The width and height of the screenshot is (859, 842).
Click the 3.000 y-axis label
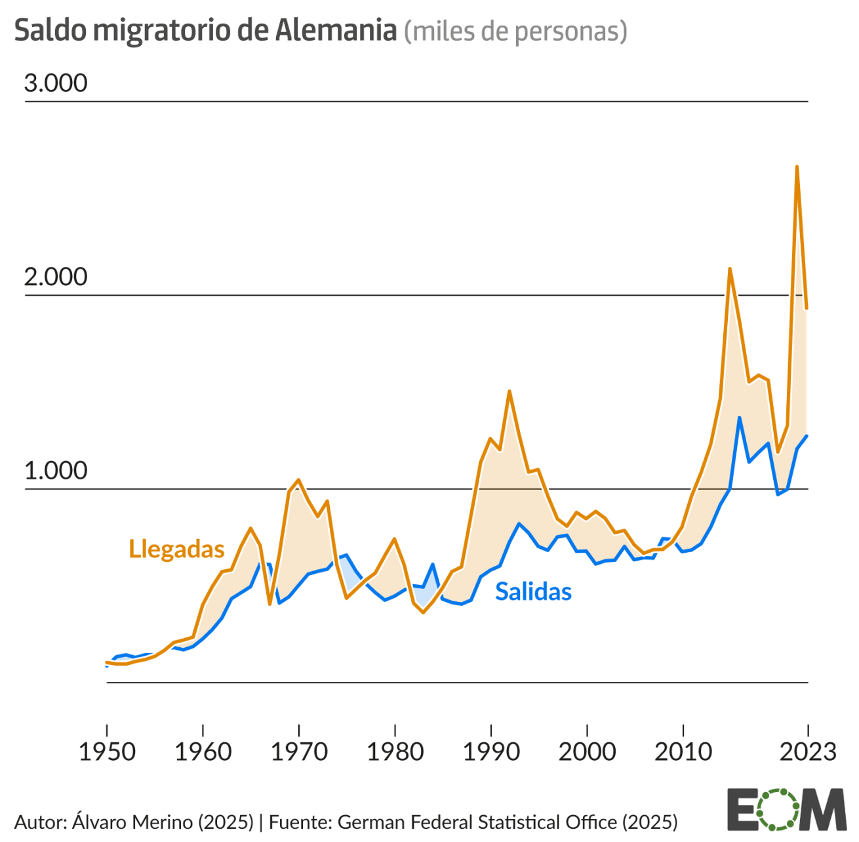(56, 83)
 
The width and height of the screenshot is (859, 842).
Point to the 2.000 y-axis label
(56, 277)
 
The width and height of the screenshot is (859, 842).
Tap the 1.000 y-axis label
(56, 471)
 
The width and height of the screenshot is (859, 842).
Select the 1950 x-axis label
(107, 752)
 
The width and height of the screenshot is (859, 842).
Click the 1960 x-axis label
(203, 752)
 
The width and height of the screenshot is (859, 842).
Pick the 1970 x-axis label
(299, 752)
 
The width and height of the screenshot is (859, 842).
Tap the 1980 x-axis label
(395, 752)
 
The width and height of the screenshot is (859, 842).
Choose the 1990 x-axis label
(491, 752)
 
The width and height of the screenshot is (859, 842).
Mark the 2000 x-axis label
(587, 752)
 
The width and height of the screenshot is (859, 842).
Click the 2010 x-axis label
(683, 752)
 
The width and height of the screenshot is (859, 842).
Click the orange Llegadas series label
(176, 550)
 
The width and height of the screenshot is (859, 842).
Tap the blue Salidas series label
(533, 591)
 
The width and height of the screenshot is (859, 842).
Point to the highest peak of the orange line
(797, 167)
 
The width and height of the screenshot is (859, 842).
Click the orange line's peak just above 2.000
(729, 268)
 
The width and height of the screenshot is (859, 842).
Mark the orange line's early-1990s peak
(509, 391)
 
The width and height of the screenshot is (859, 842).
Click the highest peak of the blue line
(739, 417)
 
